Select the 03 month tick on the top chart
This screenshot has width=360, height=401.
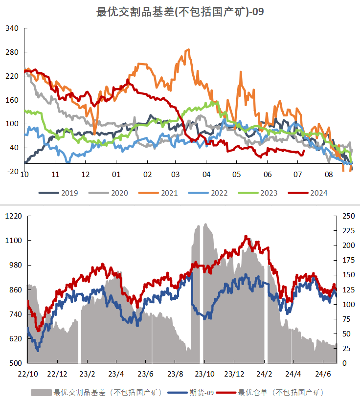pyautogui.click(x=176, y=175)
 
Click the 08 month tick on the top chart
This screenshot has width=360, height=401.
pyautogui.click(x=328, y=175)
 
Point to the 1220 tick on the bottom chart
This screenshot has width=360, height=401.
pyautogui.click(x=14, y=216)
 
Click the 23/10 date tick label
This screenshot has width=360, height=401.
pyautogui.click(x=205, y=374)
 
